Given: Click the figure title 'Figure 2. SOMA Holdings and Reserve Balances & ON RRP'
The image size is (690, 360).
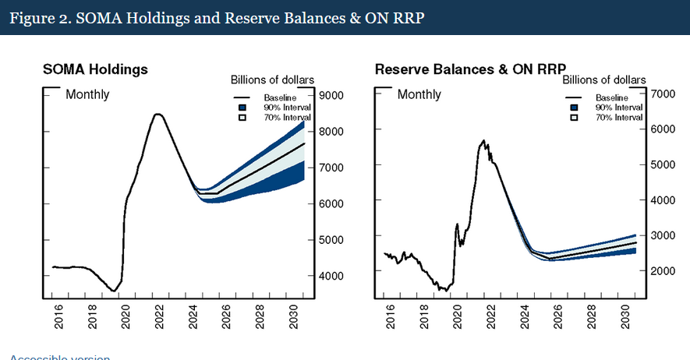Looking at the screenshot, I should click(x=217, y=18).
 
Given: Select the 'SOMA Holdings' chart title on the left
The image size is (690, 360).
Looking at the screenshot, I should click(x=95, y=69).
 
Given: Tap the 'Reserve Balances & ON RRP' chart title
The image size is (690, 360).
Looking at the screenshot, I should click(x=470, y=69).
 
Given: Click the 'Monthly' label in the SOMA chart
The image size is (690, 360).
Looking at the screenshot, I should click(x=87, y=94).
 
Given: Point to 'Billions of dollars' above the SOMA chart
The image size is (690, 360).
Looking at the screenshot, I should click(x=272, y=79).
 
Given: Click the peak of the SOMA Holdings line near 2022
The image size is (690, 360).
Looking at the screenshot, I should click(x=157, y=114).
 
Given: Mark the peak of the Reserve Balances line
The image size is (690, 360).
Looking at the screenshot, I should click(x=484, y=141).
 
